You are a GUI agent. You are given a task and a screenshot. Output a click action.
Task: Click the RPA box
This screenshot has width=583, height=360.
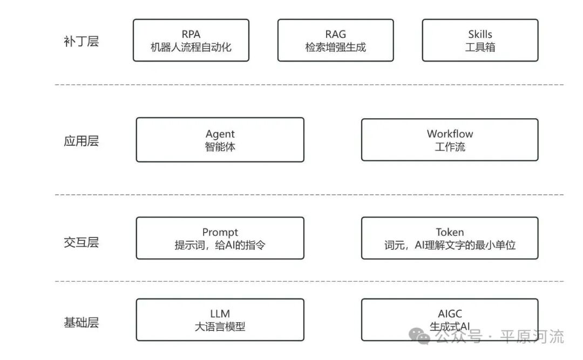[191, 40]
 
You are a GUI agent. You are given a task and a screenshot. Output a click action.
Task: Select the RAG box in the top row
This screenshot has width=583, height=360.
[335, 40]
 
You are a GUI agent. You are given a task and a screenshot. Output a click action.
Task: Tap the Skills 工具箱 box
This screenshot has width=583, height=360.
[480, 40]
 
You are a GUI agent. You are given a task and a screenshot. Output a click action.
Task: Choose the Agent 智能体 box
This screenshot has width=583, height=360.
[220, 140]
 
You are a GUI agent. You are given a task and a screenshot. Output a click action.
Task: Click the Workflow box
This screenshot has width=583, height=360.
[450, 140]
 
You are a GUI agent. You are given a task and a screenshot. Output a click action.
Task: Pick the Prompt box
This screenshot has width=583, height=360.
[220, 238]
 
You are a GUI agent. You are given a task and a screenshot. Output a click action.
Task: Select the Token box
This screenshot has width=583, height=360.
[450, 238]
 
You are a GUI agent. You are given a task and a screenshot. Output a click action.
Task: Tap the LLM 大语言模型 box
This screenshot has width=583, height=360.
[220, 320]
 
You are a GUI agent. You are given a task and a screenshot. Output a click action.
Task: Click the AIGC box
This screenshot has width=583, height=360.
[450, 320]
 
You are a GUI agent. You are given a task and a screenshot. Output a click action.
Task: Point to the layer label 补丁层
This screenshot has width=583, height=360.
[81, 42]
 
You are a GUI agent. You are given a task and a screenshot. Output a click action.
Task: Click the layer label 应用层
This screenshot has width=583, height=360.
[81, 141]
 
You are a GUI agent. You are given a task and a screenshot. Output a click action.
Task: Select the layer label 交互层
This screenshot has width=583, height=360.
[81, 242]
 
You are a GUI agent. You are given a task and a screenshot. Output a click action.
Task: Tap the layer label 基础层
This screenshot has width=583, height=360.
[81, 323]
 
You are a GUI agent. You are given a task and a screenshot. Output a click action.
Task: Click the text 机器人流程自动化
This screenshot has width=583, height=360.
[191, 47]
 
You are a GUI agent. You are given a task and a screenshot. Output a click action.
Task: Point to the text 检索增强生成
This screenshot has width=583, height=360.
[335, 47]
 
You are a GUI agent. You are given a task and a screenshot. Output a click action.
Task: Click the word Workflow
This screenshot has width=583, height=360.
[450, 133]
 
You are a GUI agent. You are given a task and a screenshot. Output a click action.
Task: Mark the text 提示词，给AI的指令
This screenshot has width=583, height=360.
[220, 245]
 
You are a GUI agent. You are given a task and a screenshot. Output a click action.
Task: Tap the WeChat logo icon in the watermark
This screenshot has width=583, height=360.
[419, 336]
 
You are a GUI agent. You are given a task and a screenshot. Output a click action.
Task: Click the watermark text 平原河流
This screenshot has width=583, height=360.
[532, 337]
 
